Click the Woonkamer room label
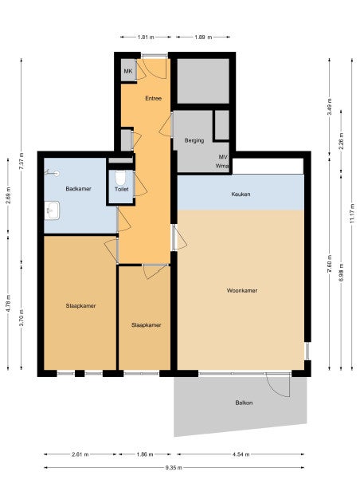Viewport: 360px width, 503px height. [x=242, y=291]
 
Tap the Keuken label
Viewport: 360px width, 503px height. [x=241, y=194]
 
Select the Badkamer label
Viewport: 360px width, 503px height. [x=78, y=189]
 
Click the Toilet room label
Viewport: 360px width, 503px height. [x=122, y=189]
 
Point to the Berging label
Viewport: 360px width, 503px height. [x=194, y=140]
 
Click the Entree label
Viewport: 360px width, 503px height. [x=153, y=99]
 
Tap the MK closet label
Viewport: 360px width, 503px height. [x=128, y=71]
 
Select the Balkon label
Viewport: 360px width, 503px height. [x=244, y=403]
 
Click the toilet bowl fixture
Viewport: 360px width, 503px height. [x=120, y=178]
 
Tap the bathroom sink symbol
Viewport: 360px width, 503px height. [x=52, y=210]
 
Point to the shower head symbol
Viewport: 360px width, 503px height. [x=53, y=173]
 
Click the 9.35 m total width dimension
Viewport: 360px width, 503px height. [x=174, y=467]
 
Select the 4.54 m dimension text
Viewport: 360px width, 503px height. [x=241, y=454]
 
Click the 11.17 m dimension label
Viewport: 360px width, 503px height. [x=352, y=214]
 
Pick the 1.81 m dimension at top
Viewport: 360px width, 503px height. [x=146, y=37]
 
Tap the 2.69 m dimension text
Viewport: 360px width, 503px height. [x=8, y=195]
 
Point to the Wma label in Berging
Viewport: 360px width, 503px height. [x=222, y=166]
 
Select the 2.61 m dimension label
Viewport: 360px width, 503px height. [x=80, y=454]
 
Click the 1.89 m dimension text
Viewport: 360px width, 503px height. [x=203, y=37]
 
